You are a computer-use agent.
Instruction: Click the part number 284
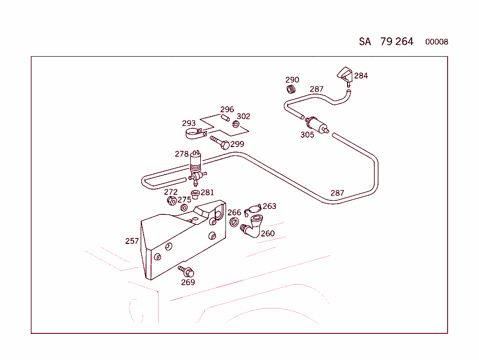point(361,75)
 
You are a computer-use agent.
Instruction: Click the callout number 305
point(307,135)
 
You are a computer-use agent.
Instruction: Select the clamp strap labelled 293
point(194,134)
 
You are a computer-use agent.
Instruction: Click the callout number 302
point(243,116)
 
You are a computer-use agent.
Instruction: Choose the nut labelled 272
point(172,201)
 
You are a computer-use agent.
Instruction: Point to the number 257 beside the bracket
point(132,241)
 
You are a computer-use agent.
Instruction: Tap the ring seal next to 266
point(235,221)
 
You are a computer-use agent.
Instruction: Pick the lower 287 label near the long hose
point(337,193)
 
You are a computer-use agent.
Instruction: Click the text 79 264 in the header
point(397,42)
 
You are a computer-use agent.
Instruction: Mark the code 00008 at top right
point(436,42)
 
